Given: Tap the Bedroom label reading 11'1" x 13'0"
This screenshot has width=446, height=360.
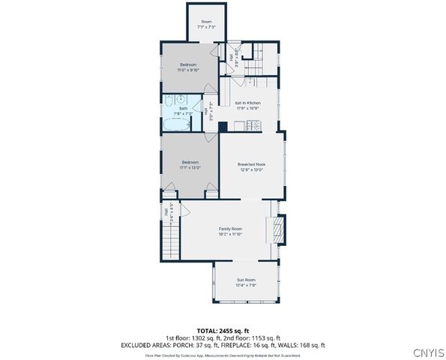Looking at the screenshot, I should coord(190,165).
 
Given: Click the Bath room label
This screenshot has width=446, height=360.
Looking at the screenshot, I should coord(184,111).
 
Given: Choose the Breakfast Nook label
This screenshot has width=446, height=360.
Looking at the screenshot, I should coord(252,166).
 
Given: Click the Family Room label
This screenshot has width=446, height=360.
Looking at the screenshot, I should coord(230,230).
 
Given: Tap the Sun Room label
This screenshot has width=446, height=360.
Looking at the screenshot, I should coord(247,283).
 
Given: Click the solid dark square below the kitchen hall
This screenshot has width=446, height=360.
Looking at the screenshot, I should coord(223,127).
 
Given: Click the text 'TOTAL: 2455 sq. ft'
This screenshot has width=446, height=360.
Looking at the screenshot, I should coord(223,330).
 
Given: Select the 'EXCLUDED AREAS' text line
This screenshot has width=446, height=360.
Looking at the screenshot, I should coord(223,345).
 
